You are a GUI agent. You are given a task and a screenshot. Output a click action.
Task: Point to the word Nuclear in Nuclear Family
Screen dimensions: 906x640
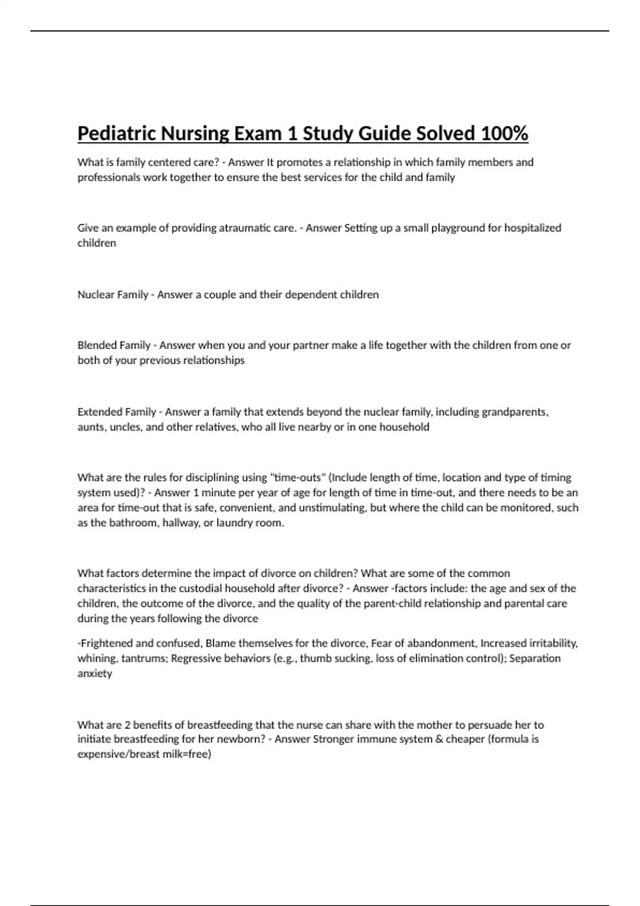pos(95,295)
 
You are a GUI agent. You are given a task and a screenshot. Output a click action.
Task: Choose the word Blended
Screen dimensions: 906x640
pos(97,345)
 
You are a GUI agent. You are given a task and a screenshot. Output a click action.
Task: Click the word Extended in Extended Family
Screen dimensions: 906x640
pos(98,412)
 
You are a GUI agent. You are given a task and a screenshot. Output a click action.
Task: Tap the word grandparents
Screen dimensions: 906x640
pos(515,412)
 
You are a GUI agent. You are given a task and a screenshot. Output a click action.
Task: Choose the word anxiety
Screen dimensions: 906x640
pos(95,674)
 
